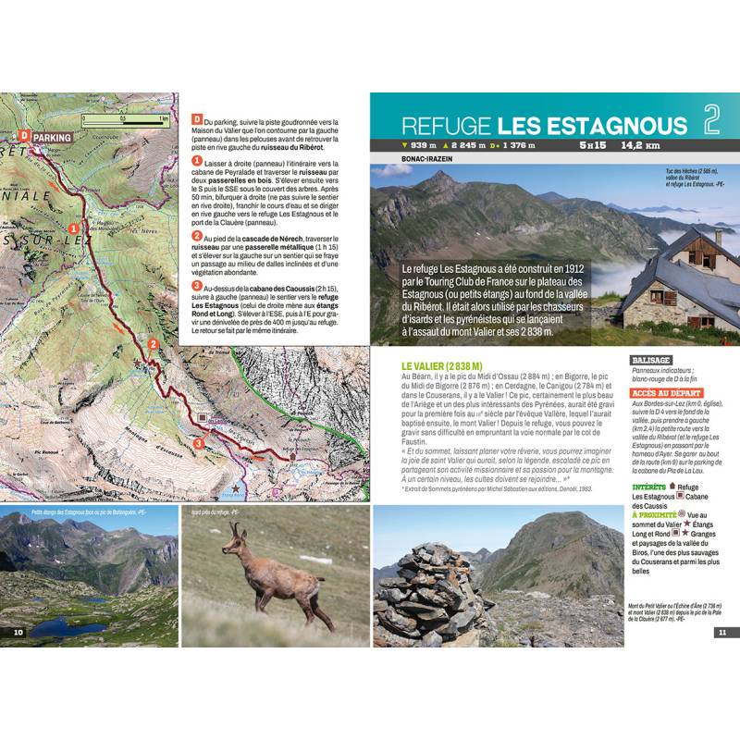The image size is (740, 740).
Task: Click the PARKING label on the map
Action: tap(52, 138)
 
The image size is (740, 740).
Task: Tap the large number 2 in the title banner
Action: tap(710, 120)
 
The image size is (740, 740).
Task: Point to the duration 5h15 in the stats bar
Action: tap(593, 145)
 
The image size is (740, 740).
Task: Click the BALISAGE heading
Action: tap(651, 360)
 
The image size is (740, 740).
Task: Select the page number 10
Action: tap(18, 632)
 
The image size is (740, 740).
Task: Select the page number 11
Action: tap(721, 632)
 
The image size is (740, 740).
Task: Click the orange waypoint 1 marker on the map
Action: tap(74, 225)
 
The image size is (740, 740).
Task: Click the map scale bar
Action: tap(124, 118)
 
